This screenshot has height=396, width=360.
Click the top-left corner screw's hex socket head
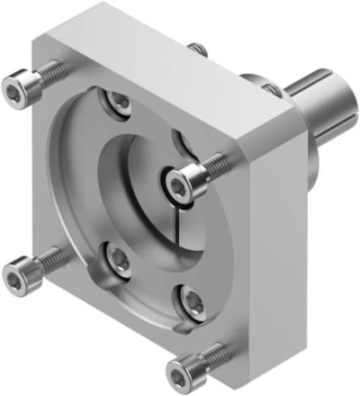click(15, 90)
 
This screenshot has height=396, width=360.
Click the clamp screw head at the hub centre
click(177, 184)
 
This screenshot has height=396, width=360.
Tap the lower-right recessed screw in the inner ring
click(189, 297)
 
